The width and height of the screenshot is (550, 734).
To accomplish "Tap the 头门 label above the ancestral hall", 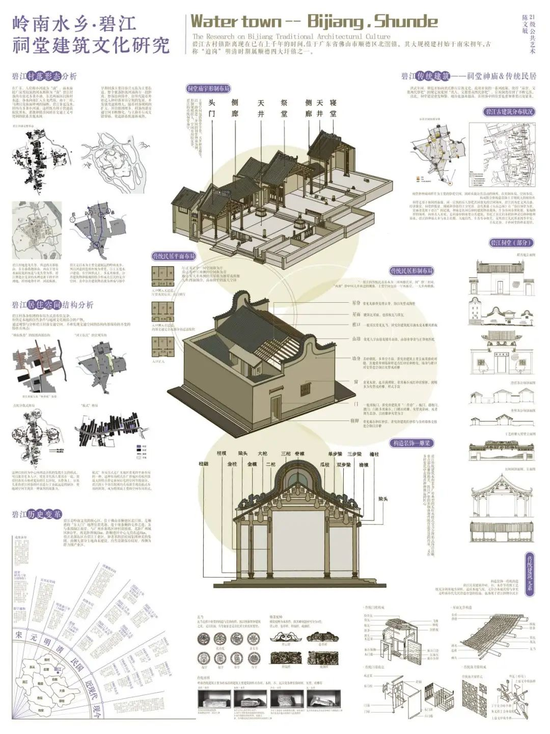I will pos(212,108).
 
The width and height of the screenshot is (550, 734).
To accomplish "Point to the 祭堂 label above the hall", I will pos(284,108).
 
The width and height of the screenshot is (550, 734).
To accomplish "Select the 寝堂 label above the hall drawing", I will pos(333,108).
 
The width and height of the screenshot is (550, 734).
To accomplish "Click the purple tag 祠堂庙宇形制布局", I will pos(208,89).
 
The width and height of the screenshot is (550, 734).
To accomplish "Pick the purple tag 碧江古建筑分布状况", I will pos(509,112).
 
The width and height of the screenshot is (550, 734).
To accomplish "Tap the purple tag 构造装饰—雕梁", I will pos(411,443).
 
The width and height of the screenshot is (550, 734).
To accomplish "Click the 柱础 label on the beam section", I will pos(203,464).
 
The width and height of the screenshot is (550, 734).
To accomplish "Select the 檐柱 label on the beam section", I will pos(374,454).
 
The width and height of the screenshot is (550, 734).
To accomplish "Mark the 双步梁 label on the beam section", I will pos(344,464).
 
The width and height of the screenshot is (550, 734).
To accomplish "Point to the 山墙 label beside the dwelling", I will pos(356,339).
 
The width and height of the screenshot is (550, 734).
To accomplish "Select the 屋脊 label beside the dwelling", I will pos(356,303).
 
